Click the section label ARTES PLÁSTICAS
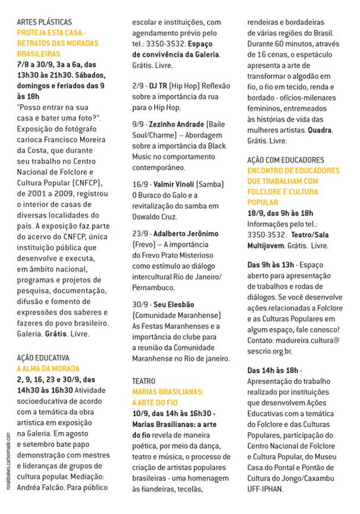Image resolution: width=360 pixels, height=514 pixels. [42, 21]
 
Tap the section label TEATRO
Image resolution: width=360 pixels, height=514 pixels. [145, 380]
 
